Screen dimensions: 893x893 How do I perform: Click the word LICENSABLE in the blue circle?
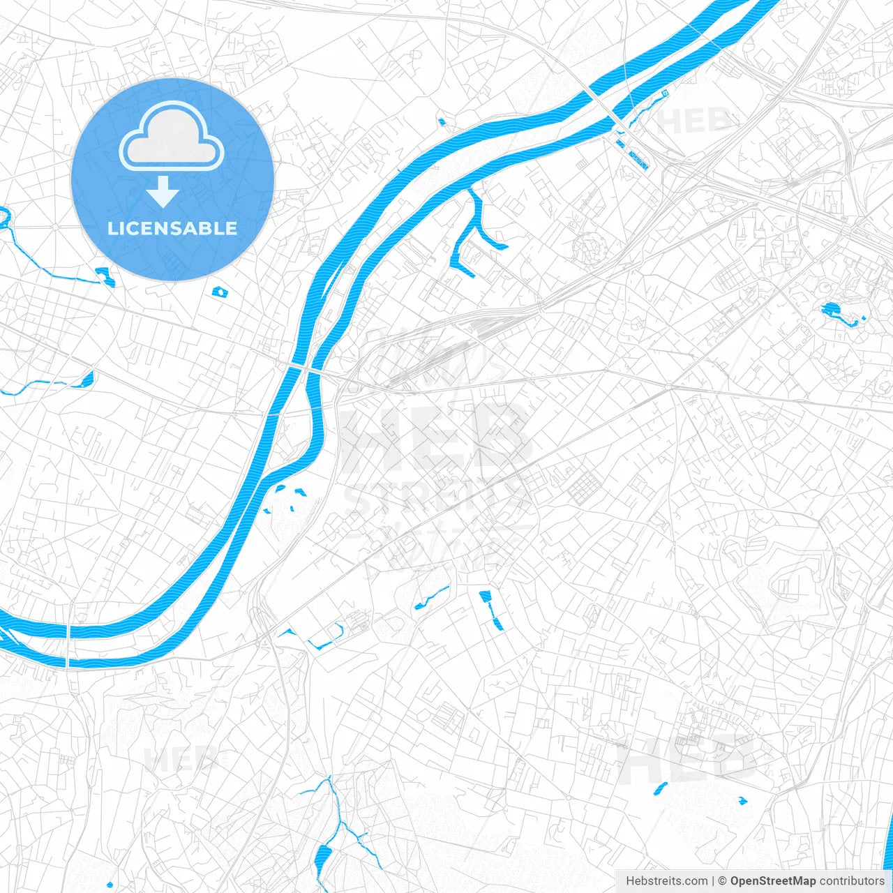tap(172, 228)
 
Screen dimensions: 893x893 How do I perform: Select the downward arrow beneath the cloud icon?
tap(163, 192)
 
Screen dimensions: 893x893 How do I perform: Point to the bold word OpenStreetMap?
tap(772, 881)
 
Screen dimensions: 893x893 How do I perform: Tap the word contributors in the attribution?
tap(852, 881)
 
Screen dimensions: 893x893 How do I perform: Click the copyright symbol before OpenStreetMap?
tap(723, 881)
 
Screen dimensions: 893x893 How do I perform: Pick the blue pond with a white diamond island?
tap(220, 292)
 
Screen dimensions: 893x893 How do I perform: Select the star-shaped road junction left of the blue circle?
tap(54, 227)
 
